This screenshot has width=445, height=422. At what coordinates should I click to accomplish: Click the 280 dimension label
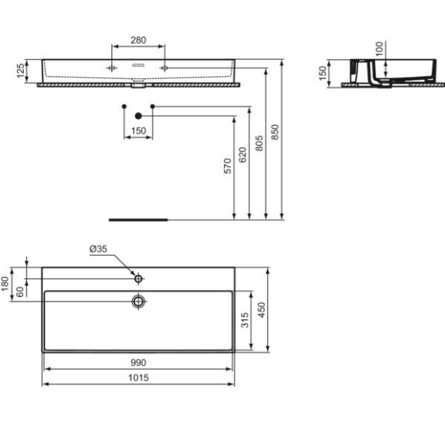(138, 40)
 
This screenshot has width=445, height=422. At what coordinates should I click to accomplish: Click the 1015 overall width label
(138, 377)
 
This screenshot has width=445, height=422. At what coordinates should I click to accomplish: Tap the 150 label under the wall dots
(138, 131)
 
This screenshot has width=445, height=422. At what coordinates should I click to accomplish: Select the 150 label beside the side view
(324, 73)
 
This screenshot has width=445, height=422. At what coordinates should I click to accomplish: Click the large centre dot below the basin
(138, 116)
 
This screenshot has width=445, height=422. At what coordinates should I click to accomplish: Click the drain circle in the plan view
(138, 301)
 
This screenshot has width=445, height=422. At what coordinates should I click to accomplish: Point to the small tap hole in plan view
(138, 276)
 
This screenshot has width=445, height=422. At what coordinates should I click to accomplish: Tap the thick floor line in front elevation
(138, 218)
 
